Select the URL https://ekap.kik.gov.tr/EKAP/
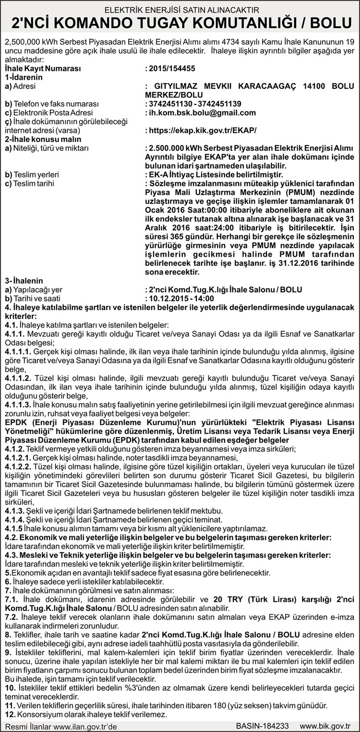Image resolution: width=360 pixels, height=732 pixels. (x=203, y=130)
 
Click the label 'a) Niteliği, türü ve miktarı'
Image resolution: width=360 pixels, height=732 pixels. (x=47, y=148)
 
